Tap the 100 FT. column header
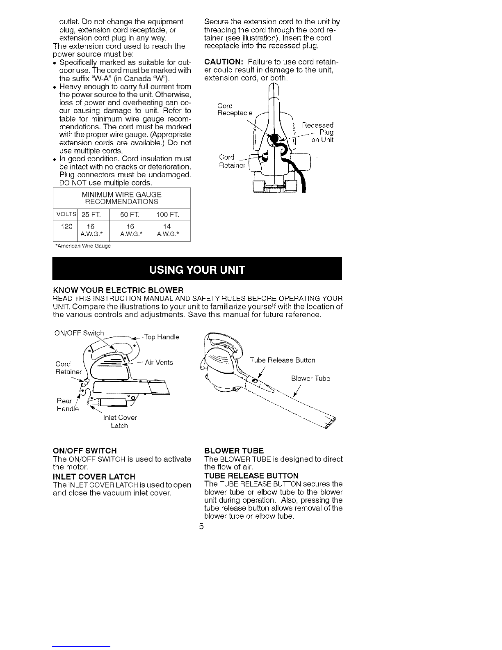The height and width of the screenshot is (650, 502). pos(168,214)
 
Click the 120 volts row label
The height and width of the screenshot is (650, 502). pos(66,227)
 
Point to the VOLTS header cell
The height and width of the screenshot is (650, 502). pos(66,214)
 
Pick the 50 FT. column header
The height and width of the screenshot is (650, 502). pos(130,214)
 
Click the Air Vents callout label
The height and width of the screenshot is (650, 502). pos(159,362)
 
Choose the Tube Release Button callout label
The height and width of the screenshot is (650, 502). pos(283,360)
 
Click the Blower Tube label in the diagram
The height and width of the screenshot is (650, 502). pos(310,378)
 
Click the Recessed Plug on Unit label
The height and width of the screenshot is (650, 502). pos(318,132)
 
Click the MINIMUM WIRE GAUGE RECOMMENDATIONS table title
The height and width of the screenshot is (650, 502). pos(122,198)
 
